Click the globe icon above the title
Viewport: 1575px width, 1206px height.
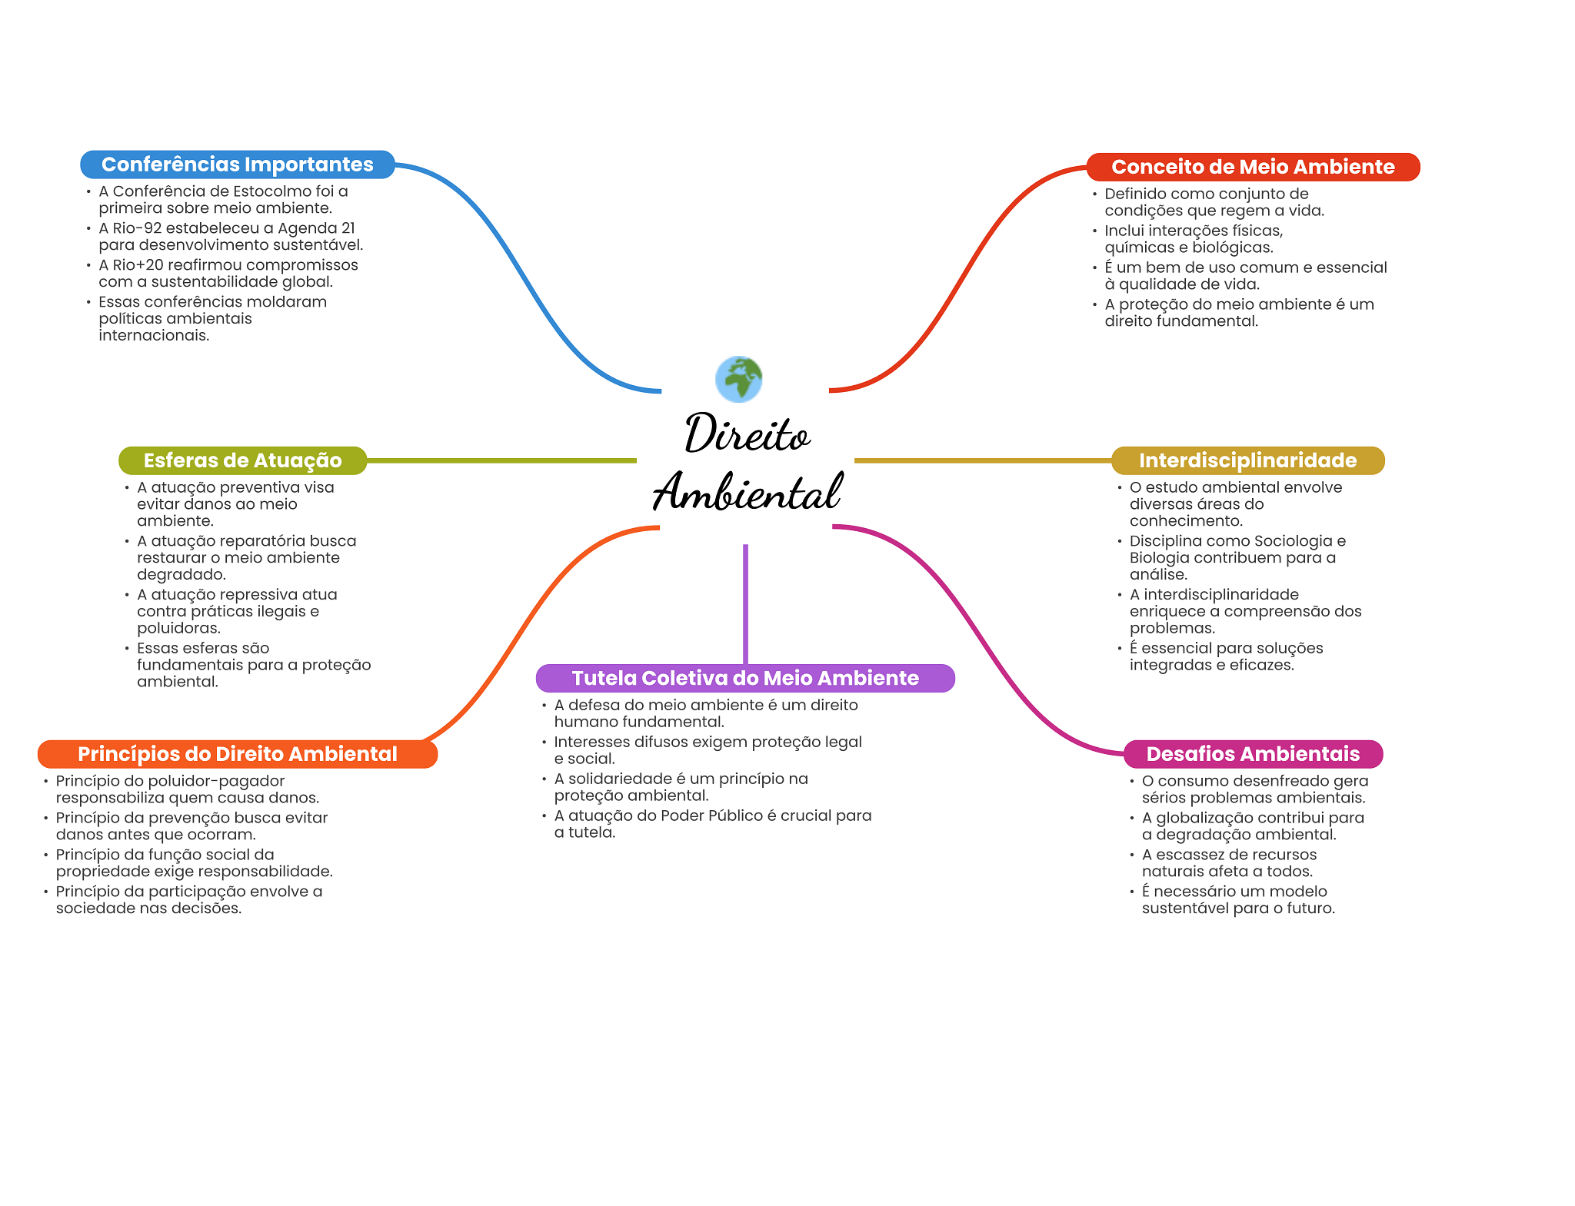coord(738,378)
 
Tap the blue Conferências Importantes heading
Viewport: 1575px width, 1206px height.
coord(237,164)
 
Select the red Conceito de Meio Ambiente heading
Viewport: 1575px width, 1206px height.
coord(1253,167)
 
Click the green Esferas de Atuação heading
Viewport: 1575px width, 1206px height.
coord(242,460)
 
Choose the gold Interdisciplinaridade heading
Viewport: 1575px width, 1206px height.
coord(1247,460)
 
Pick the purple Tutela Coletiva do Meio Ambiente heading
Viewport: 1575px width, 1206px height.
coord(745,678)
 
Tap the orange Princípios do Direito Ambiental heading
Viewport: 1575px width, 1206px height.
coord(237,754)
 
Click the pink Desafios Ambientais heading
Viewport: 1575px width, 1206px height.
coord(1253,754)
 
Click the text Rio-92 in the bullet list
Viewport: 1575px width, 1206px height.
coord(137,228)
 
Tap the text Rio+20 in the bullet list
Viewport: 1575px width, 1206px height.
coord(138,265)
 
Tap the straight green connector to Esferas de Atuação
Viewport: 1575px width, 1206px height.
coord(500,460)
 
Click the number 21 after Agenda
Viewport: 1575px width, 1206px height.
coord(348,228)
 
